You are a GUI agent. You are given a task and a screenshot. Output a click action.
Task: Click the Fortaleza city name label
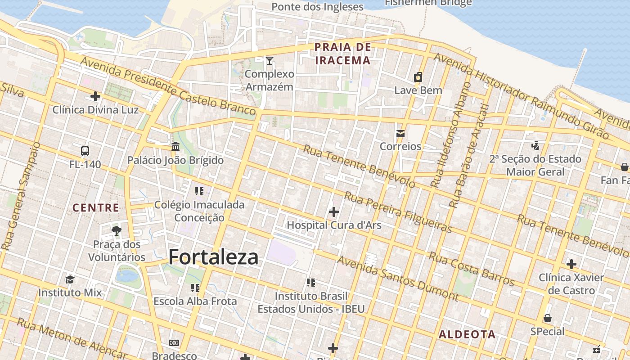pos(213,257)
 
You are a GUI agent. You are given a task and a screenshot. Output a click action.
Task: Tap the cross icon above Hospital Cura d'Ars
pos(334,211)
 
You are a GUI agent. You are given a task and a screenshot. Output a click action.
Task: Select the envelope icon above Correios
pos(400,133)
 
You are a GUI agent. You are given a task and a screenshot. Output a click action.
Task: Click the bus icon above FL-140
pos(85,151)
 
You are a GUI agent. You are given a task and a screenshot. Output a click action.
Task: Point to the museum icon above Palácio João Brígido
pos(175,147)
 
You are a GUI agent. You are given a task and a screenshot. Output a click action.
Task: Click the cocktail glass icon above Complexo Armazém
pos(270,61)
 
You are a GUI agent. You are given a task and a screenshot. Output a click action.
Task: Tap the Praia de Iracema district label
pos(343,54)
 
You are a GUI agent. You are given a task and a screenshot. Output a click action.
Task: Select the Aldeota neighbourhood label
pos(467,334)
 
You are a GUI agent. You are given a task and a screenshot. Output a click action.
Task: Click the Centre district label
pos(96,208)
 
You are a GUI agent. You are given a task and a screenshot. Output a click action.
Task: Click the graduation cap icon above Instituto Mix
pos(70,279)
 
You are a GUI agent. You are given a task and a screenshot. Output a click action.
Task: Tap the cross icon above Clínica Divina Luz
pos(95,96)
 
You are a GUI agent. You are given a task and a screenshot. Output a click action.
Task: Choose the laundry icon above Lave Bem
pos(418,77)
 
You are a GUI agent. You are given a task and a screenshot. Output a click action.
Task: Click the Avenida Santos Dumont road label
pos(398,279)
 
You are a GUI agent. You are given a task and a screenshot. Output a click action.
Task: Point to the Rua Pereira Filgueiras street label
pos(398,212)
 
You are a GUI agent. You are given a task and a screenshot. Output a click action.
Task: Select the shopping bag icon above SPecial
pos(547,319)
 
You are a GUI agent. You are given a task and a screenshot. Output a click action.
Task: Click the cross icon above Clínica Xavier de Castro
pos(571,264)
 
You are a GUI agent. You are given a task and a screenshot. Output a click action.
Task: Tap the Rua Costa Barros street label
pos(471,269)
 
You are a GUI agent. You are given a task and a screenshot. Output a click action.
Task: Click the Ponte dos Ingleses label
pos(317,7)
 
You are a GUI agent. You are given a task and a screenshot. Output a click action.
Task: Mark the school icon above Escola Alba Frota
pos(195,288)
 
